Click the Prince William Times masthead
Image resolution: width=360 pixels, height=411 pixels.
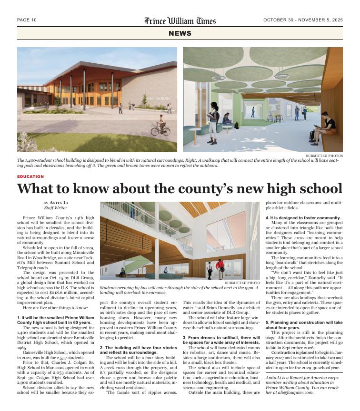click(x=180, y=20)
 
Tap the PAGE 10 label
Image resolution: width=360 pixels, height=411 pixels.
click(x=27, y=20)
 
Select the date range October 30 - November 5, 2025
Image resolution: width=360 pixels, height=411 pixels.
click(x=303, y=20)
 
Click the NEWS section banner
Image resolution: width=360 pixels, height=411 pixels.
click(x=180, y=33)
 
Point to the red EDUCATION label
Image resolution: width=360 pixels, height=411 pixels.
click(x=30, y=176)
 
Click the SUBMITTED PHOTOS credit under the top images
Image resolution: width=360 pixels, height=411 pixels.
click(x=324, y=156)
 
